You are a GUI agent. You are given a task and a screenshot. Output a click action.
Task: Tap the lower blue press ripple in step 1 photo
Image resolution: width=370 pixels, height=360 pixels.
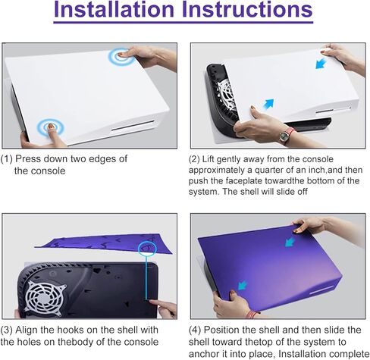click(51, 127)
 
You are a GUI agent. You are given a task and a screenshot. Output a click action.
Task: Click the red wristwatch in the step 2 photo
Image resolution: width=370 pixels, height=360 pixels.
click(286, 135)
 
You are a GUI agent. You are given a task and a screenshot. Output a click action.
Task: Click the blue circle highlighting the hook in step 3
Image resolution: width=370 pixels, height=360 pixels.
click(147, 247)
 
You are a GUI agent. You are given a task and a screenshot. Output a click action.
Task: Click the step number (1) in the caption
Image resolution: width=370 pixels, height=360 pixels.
click(8, 159)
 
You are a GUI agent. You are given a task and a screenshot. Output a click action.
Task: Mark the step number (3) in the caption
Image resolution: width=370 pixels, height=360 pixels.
click(8, 330)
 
